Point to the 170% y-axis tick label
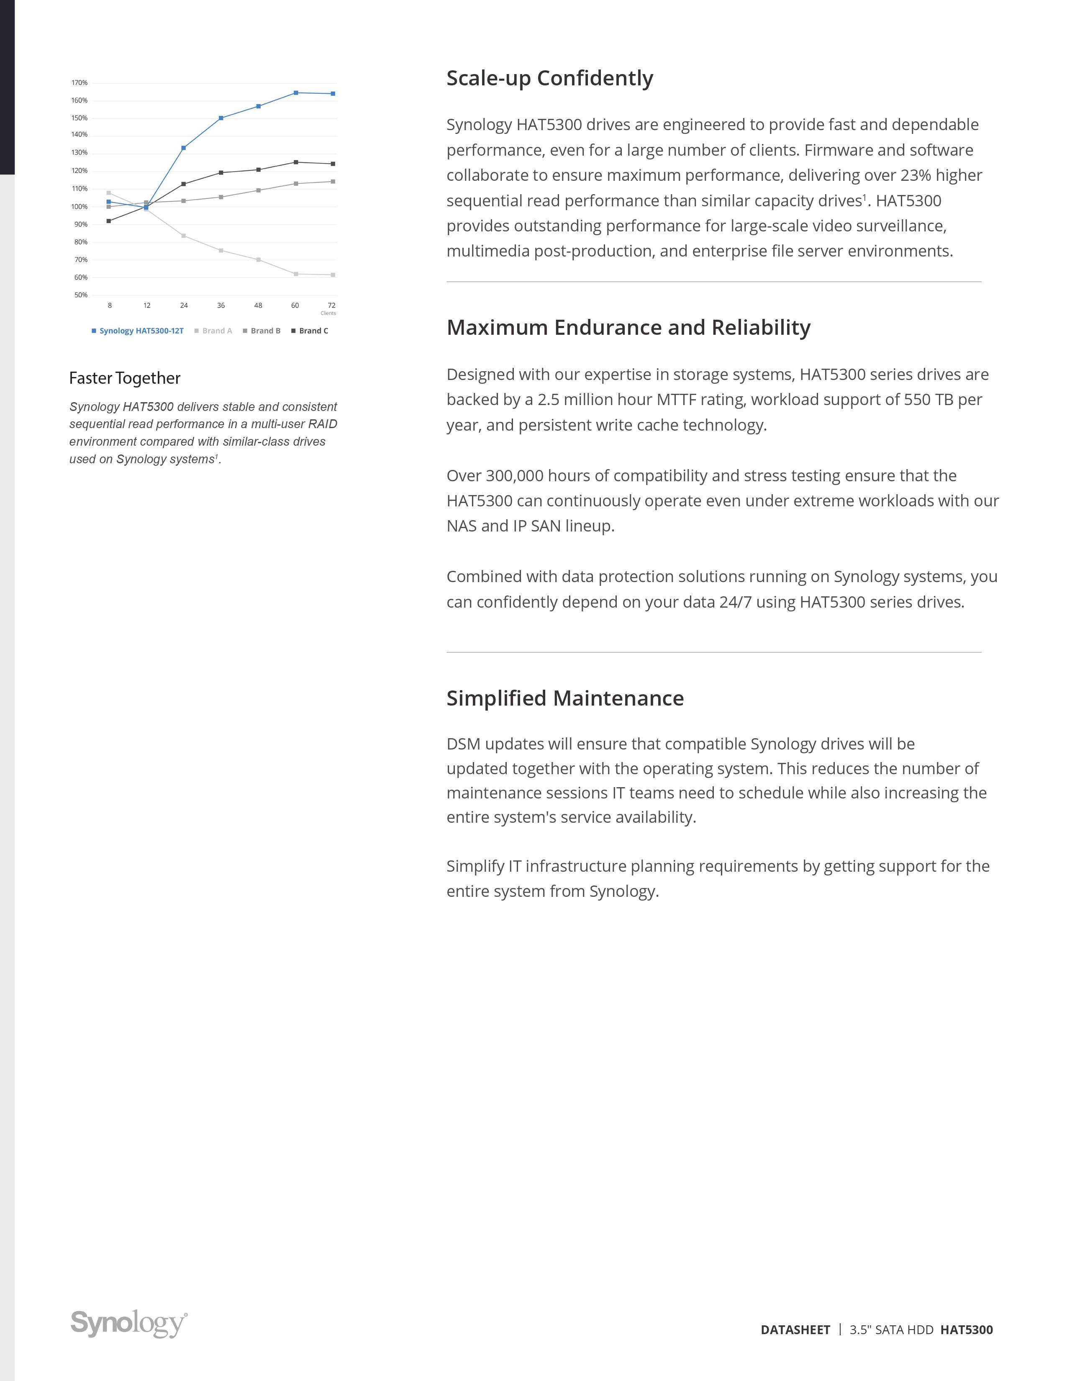[x=80, y=83]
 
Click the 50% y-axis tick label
[x=81, y=295]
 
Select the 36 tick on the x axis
[x=221, y=305]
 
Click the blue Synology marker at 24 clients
[x=183, y=148]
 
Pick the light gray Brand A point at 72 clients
[x=333, y=275]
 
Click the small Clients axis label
[x=328, y=313]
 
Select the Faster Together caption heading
[x=125, y=378]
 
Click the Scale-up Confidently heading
[x=549, y=78]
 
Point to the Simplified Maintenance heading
[x=564, y=698]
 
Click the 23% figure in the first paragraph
[x=915, y=175]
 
